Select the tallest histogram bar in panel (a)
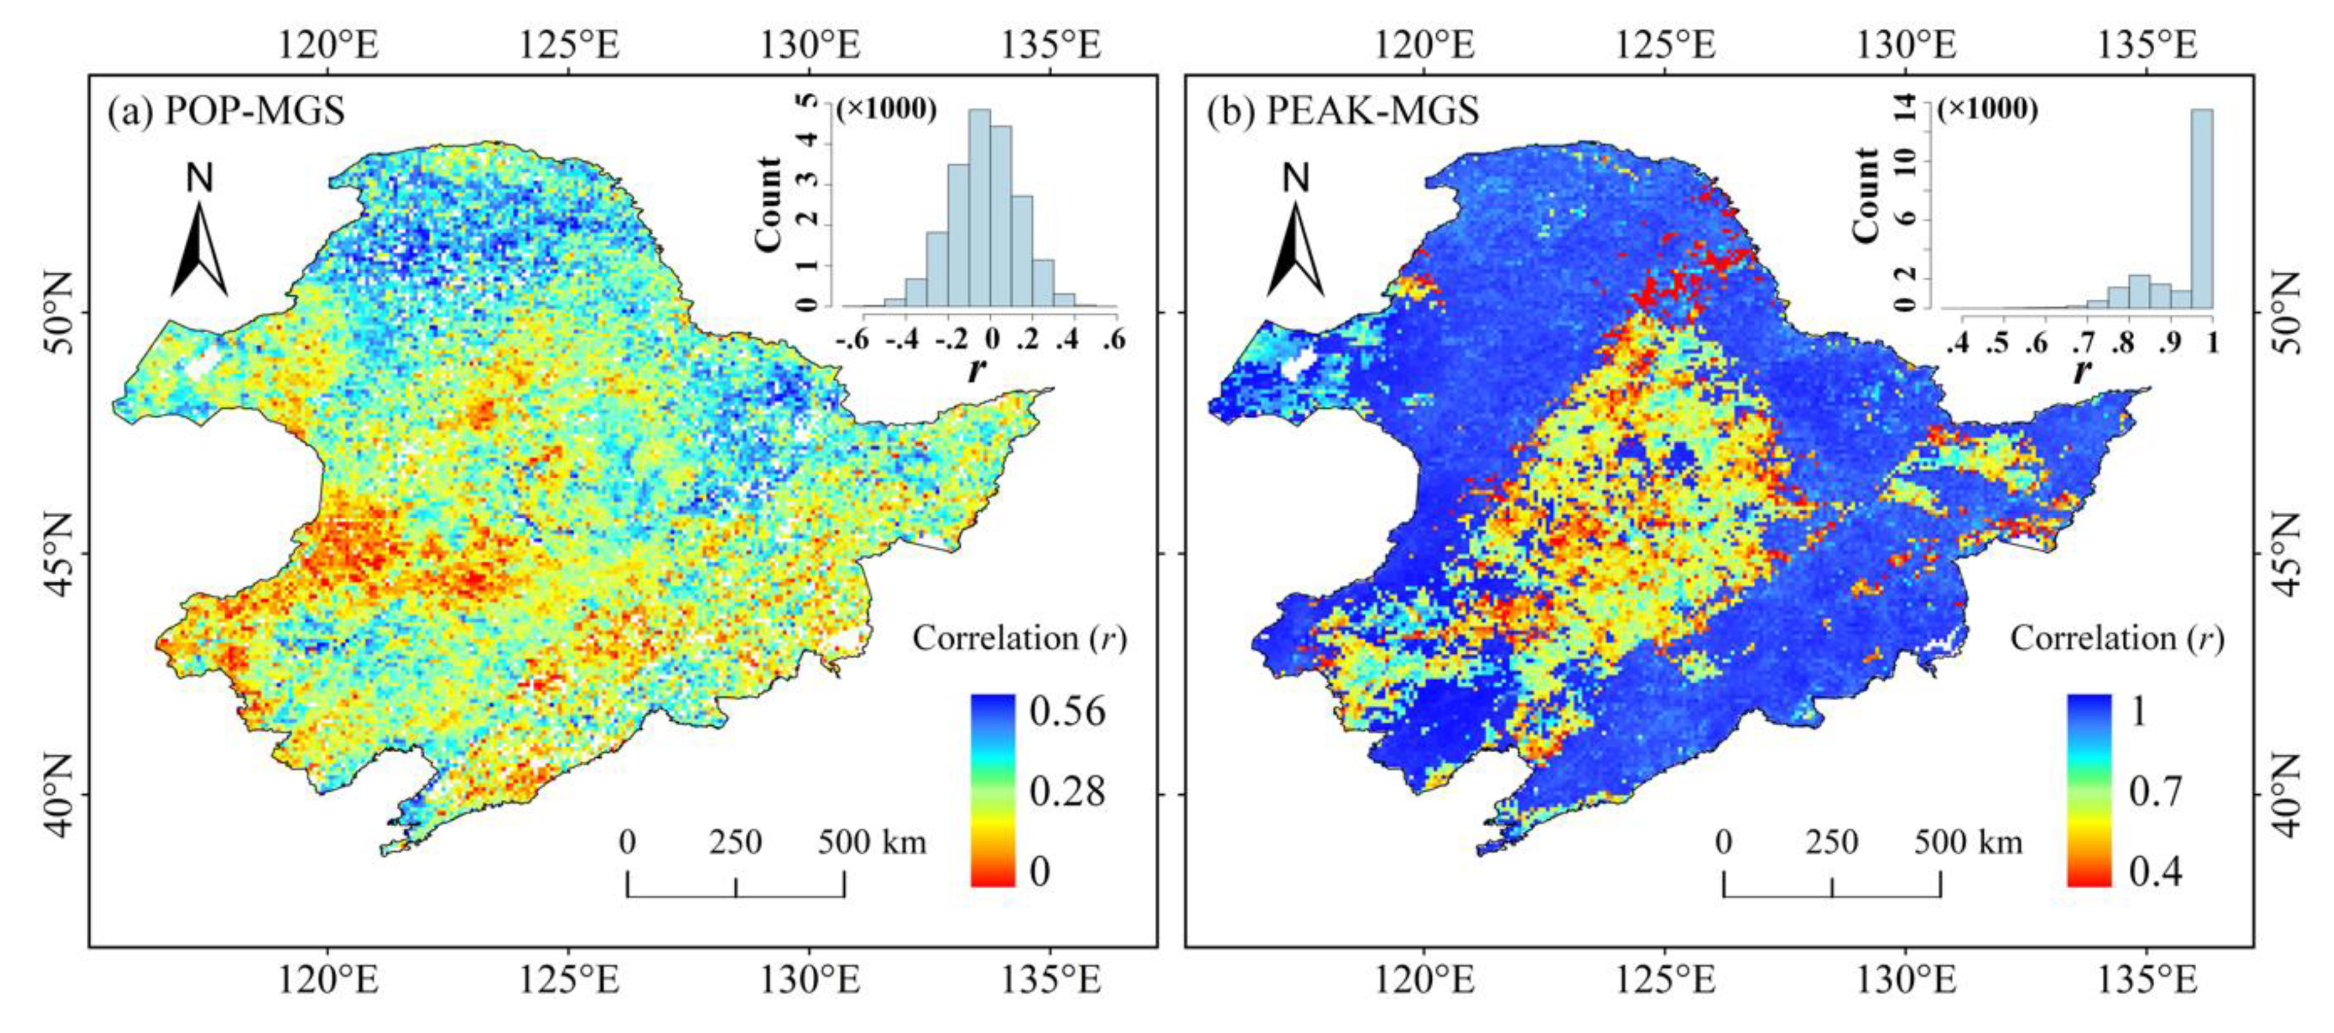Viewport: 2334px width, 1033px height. click(980, 209)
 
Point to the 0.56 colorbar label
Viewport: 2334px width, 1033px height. click(1068, 711)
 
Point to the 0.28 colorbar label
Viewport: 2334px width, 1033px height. click(1068, 791)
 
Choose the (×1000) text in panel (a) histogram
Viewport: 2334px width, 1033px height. click(886, 109)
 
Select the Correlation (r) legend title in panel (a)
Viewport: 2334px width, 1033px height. click(1019, 639)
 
